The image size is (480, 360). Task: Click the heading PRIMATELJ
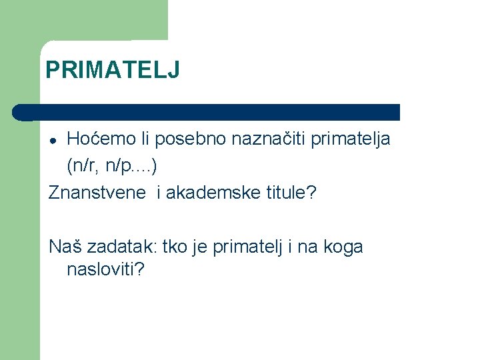[112, 70]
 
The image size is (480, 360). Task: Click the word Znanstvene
[97, 193]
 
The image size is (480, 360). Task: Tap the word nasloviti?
[106, 270]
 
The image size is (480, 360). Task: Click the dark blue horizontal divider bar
[213, 112]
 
